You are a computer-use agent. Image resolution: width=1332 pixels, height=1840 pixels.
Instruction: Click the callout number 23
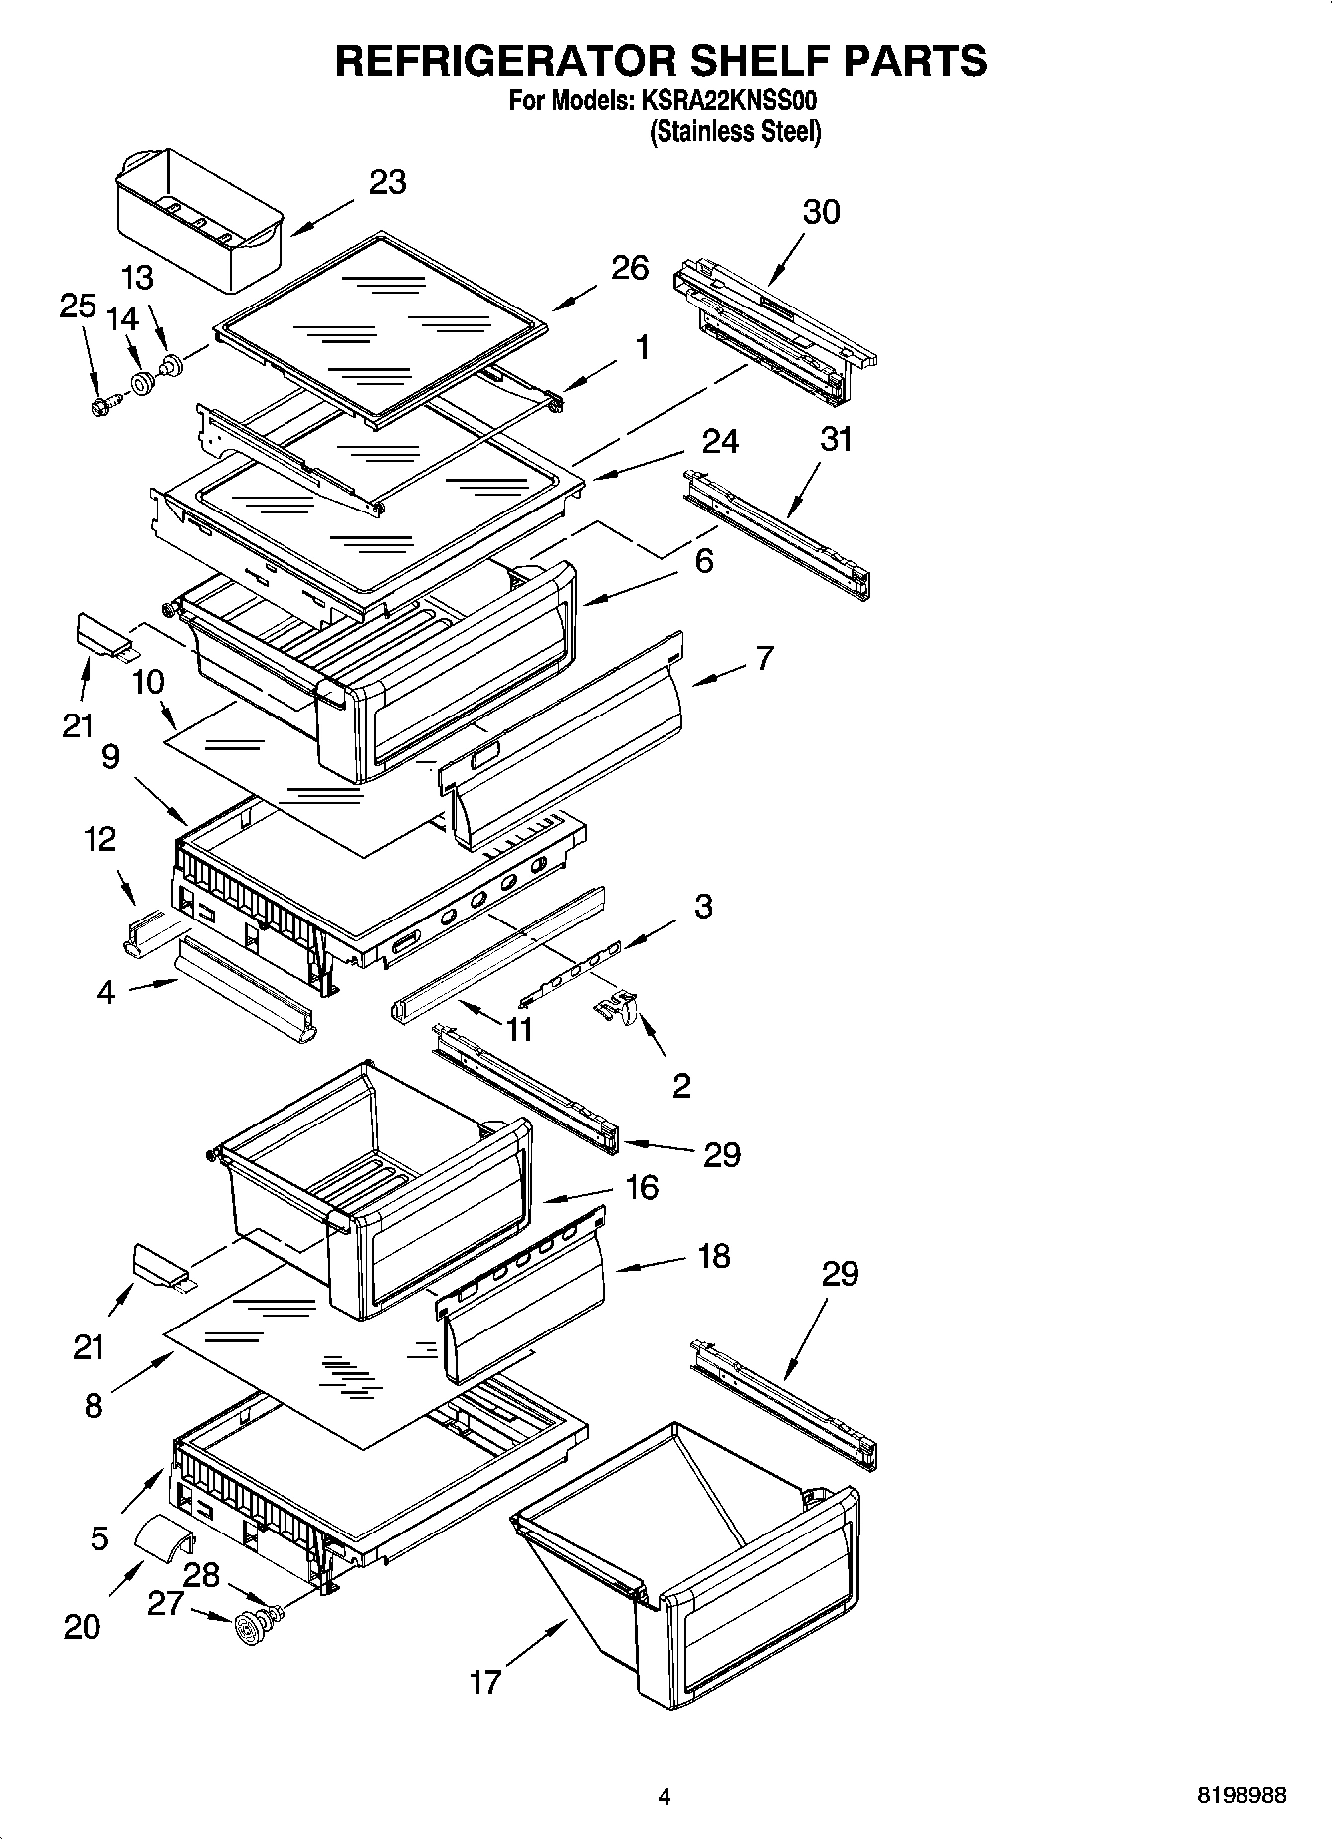click(x=387, y=183)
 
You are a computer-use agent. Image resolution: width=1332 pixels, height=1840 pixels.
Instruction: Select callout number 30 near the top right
click(x=821, y=212)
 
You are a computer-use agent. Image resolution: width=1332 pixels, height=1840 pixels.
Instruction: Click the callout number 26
click(x=630, y=268)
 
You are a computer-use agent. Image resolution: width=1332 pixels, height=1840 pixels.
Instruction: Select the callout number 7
click(x=764, y=658)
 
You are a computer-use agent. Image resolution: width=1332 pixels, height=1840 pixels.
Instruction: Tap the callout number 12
click(x=99, y=839)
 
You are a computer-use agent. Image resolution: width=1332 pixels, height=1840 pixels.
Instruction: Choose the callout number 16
click(x=643, y=1187)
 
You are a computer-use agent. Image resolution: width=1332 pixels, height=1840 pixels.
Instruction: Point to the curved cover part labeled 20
click(x=163, y=1535)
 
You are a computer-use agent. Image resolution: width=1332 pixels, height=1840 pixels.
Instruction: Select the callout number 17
click(x=485, y=1682)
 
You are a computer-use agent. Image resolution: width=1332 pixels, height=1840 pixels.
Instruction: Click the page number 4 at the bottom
click(x=665, y=1796)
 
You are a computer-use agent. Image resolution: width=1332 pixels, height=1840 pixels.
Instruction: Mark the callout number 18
click(x=714, y=1256)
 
